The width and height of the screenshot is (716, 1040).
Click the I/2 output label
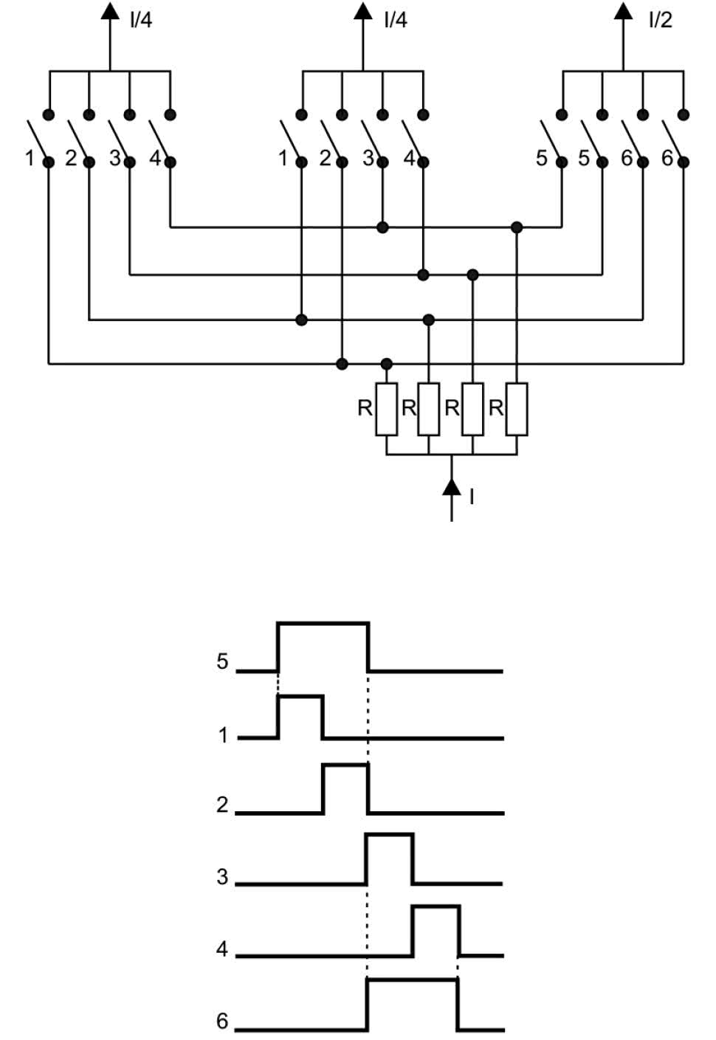pos(660,20)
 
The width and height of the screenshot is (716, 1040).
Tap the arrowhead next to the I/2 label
pos(623,10)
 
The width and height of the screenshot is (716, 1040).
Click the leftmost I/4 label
pos(140,20)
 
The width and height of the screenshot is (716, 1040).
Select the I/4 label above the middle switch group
pos(395,20)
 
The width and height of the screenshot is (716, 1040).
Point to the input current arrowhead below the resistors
pos(451,487)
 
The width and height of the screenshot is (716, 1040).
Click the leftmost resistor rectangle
pos(387,409)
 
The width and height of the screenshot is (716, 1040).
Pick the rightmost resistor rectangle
pos(517,409)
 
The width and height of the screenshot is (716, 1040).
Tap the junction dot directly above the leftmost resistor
pos(387,363)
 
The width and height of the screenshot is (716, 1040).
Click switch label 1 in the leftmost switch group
pos(30,158)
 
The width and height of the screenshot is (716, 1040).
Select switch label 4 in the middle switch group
pos(409,158)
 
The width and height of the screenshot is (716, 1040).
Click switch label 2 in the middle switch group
pos(325,158)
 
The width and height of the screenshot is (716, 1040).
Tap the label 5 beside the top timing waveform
pos(222,661)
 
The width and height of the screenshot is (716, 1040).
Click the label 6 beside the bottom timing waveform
pos(222,1021)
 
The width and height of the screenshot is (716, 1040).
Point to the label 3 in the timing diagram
pos(222,877)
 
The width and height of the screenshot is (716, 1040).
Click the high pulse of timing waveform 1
pos(300,696)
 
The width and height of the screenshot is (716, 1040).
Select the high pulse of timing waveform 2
pos(345,765)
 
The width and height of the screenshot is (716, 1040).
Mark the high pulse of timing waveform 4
pos(436,906)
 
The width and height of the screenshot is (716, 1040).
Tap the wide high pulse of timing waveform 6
pos(413,979)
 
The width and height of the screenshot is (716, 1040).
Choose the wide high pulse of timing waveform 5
pos(323,624)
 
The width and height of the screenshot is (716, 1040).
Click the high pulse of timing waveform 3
pos(390,835)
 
